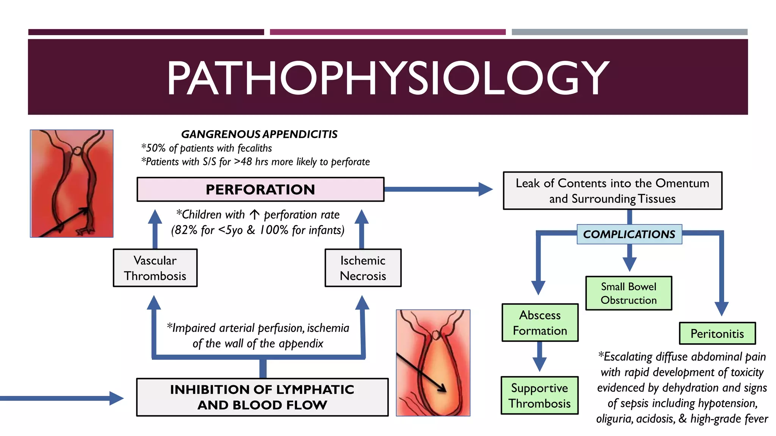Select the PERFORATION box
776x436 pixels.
(260, 189)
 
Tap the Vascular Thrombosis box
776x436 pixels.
(155, 268)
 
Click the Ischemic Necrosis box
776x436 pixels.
(363, 268)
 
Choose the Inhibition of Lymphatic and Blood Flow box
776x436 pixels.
(262, 397)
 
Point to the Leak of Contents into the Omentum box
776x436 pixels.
(612, 191)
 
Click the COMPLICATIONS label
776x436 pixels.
(629, 234)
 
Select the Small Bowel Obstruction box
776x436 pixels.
(629, 293)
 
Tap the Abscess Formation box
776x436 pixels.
(540, 323)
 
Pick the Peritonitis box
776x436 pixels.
(717, 333)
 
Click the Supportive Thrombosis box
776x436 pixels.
(540, 396)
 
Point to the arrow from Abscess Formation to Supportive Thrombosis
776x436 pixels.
(540, 358)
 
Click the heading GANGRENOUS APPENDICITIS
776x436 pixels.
(259, 134)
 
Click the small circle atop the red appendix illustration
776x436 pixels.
(77, 151)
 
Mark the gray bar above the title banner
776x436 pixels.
(629, 32)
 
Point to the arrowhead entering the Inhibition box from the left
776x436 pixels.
(116, 398)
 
